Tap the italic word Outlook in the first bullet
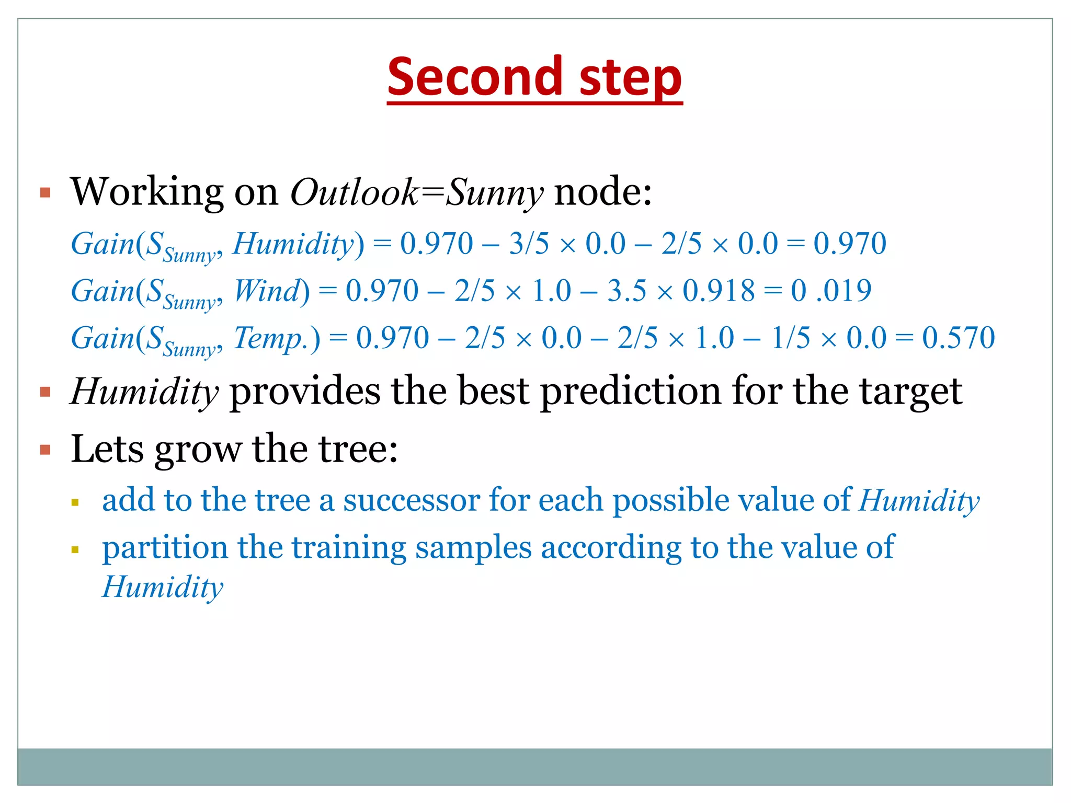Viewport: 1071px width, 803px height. (x=354, y=192)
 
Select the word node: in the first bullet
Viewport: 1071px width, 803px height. (x=602, y=192)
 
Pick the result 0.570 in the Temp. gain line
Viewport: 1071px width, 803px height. (x=958, y=338)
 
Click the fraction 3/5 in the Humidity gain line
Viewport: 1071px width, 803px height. (x=529, y=244)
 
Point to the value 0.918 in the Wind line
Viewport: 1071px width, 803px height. (x=719, y=291)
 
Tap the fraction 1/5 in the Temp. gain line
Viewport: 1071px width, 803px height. (x=790, y=338)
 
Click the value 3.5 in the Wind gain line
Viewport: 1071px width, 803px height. (x=626, y=291)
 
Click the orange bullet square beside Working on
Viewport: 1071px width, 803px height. (x=45, y=192)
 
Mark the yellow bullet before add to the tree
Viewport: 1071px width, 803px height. (x=75, y=503)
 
